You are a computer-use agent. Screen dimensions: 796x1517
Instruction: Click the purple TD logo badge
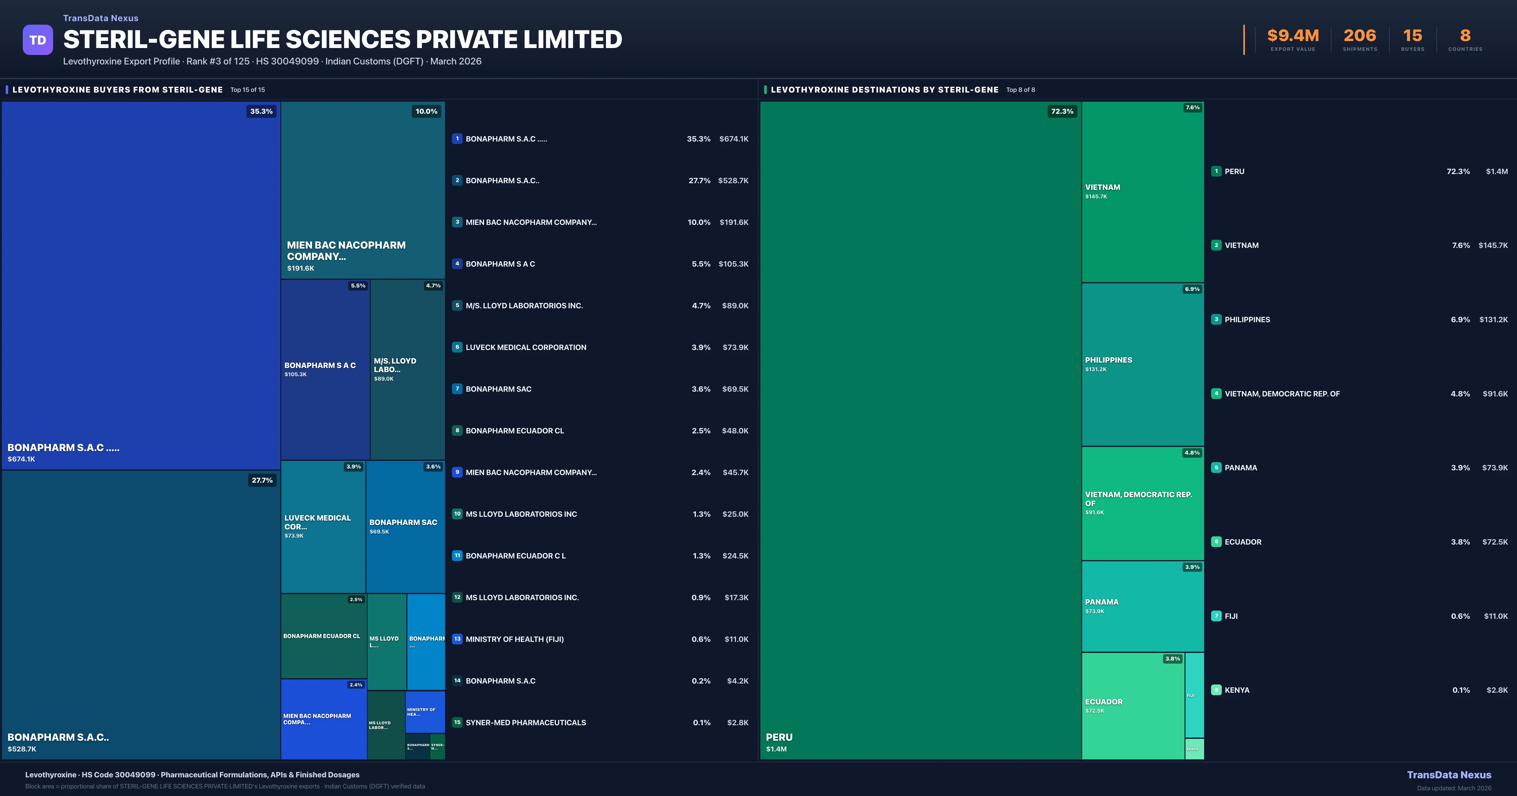(x=38, y=40)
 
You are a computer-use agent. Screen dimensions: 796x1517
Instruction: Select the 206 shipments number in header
(x=1360, y=36)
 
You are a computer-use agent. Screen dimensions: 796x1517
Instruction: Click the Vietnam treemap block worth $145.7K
(x=1142, y=192)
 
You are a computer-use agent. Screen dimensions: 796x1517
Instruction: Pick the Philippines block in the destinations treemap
(x=1142, y=365)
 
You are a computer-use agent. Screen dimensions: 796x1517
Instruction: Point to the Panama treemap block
(x=1142, y=606)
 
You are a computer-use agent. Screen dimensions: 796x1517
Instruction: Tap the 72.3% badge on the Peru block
(x=1062, y=111)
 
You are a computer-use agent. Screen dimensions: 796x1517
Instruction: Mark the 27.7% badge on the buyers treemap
(x=262, y=480)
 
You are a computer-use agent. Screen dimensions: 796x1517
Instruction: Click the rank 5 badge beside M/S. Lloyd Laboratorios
(x=457, y=305)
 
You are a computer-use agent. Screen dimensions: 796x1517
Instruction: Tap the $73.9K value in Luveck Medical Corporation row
(x=735, y=347)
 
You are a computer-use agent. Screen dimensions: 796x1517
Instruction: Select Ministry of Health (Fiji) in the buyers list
(x=514, y=639)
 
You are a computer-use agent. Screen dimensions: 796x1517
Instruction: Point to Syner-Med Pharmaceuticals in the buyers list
(x=525, y=722)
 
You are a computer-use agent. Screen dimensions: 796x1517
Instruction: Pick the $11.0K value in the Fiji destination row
(x=1495, y=617)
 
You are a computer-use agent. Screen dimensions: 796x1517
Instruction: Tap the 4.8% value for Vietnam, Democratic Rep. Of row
(x=1460, y=394)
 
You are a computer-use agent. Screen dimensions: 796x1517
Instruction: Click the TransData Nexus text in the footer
(x=1449, y=775)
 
